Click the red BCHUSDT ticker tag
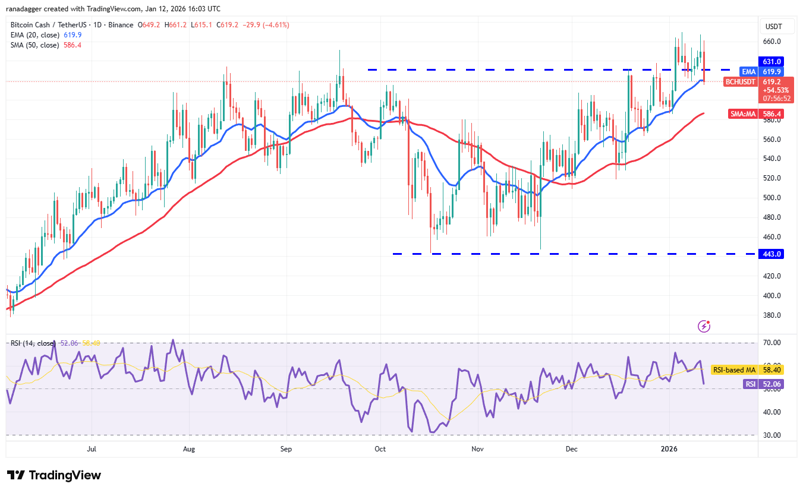pyautogui.click(x=741, y=81)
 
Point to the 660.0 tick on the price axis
pyautogui.click(x=772, y=42)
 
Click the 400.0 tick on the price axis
pyautogui.click(x=772, y=295)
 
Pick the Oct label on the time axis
pyautogui.click(x=380, y=449)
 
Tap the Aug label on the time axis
pyautogui.click(x=189, y=449)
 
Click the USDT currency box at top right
pyautogui.click(x=774, y=27)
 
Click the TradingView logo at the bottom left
pyautogui.click(x=54, y=475)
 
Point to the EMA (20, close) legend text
pyautogui.click(x=34, y=35)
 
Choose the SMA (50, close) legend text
pyautogui.click(x=34, y=45)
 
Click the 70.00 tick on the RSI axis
pyautogui.click(x=772, y=343)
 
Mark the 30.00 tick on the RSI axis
pyautogui.click(x=772, y=435)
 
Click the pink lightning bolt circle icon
pyautogui.click(x=704, y=325)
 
